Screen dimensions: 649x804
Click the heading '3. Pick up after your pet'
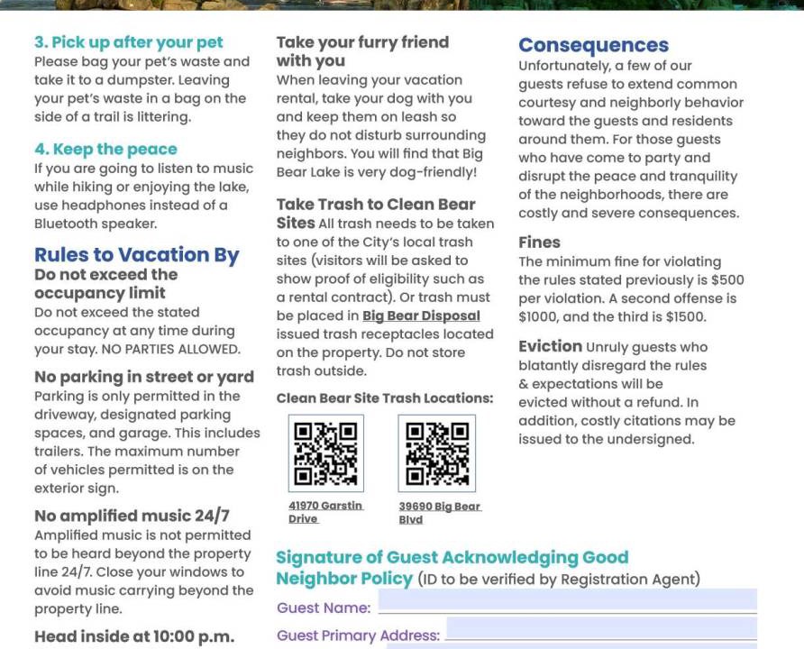(128, 42)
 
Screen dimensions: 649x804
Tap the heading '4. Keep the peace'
(105, 149)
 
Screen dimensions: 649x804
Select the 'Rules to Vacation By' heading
(136, 255)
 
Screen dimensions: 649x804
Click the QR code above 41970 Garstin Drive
(326, 453)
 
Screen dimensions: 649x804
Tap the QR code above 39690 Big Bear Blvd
(436, 453)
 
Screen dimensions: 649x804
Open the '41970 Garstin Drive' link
(325, 512)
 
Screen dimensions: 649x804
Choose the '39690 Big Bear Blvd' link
(439, 512)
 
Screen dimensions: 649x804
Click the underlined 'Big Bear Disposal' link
(421, 315)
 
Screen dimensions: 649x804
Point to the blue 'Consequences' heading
(593, 45)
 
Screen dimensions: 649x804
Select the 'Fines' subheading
(539, 242)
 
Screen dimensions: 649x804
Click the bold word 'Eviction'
(550, 346)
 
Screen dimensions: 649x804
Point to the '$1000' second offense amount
(539, 316)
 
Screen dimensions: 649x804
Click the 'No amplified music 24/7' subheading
(132, 516)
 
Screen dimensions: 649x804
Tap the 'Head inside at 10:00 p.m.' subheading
(133, 636)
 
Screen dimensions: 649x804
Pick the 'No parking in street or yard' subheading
(144, 377)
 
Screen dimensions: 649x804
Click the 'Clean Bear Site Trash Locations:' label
(385, 398)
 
